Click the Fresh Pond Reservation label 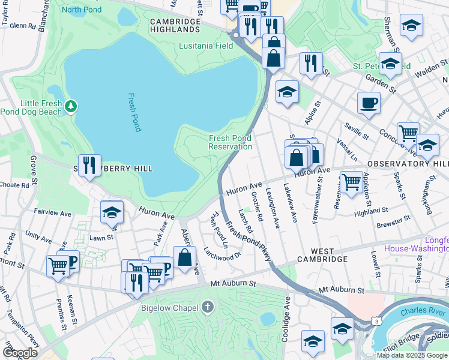[x=231, y=142]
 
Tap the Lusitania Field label [x=206, y=46]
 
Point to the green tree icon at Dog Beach [x=71, y=106]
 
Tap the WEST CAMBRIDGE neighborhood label [x=322, y=259]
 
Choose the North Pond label [x=81, y=9]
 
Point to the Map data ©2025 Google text [x=411, y=355]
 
